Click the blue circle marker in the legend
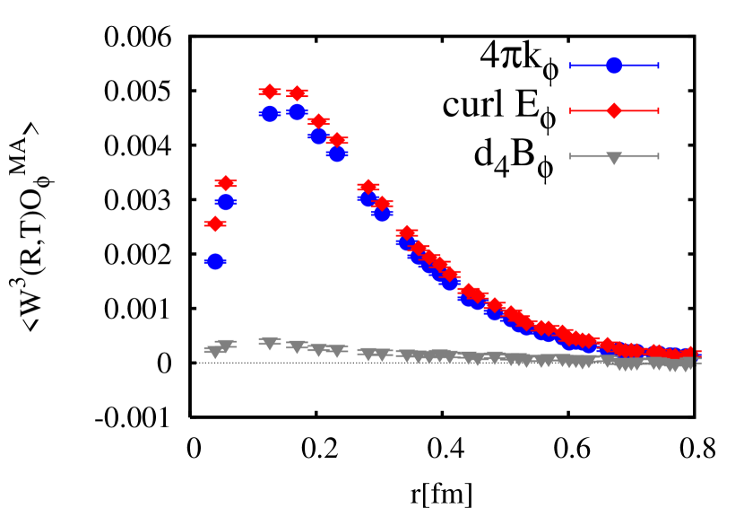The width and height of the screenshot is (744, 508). (x=614, y=66)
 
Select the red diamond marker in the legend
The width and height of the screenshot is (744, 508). (x=614, y=110)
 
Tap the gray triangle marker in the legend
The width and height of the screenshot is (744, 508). (x=614, y=157)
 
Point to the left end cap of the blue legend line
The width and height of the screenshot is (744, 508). (x=571, y=66)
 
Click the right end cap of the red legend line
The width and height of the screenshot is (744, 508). (x=658, y=110)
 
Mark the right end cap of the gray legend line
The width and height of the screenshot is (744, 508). (x=658, y=156)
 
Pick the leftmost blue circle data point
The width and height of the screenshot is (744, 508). (x=214, y=261)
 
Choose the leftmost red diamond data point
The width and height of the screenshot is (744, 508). (x=214, y=223)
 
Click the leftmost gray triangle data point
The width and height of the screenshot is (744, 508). (x=214, y=352)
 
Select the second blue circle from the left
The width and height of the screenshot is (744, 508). (x=225, y=202)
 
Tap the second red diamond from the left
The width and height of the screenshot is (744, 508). (x=225, y=183)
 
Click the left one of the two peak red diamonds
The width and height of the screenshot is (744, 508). (x=269, y=92)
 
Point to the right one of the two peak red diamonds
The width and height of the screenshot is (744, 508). (x=297, y=93)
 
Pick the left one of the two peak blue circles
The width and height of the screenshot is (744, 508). (x=269, y=114)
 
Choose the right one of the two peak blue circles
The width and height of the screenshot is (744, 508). (x=297, y=112)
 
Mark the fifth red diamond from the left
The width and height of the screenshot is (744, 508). (x=318, y=121)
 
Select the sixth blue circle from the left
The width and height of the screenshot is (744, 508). (x=336, y=153)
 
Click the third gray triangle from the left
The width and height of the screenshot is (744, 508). (x=269, y=343)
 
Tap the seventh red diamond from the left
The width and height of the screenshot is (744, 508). (x=368, y=187)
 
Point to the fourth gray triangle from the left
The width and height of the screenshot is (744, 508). (x=297, y=346)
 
